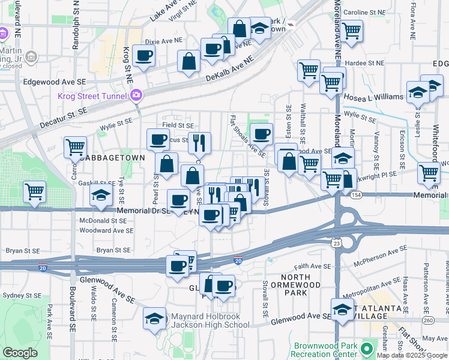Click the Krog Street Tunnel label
coord(92,97)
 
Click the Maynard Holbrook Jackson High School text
coord(210,321)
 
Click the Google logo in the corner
coord(20,353)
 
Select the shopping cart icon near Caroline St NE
coord(351,29)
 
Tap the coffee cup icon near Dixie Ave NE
coord(144,56)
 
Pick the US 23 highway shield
coord(337,243)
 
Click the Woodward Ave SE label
coord(106,230)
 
